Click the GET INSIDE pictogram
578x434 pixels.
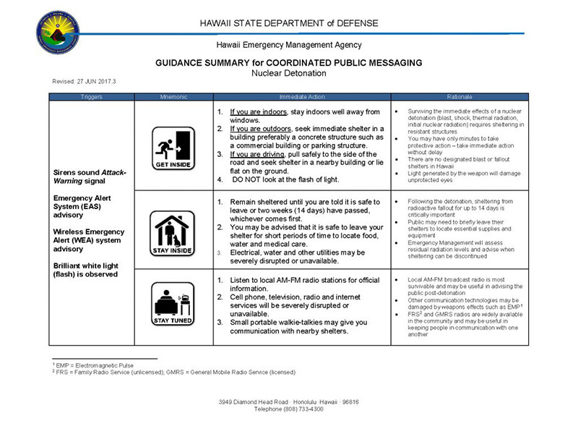[x=174, y=147]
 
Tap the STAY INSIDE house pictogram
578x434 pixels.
[x=174, y=231]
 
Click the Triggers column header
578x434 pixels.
[x=92, y=96]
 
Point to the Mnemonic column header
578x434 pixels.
[x=174, y=96]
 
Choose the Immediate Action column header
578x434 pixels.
[x=301, y=96]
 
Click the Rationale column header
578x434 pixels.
[x=460, y=96]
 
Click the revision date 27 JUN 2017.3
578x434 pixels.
[x=84, y=81]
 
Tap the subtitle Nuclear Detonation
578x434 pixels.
[x=288, y=73]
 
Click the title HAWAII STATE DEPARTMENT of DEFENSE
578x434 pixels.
[x=289, y=23]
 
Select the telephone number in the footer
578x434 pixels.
[x=289, y=409]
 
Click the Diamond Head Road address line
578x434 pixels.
[x=289, y=401]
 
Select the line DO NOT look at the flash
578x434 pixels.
[x=285, y=179]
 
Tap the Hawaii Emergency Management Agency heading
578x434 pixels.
[x=289, y=45]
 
